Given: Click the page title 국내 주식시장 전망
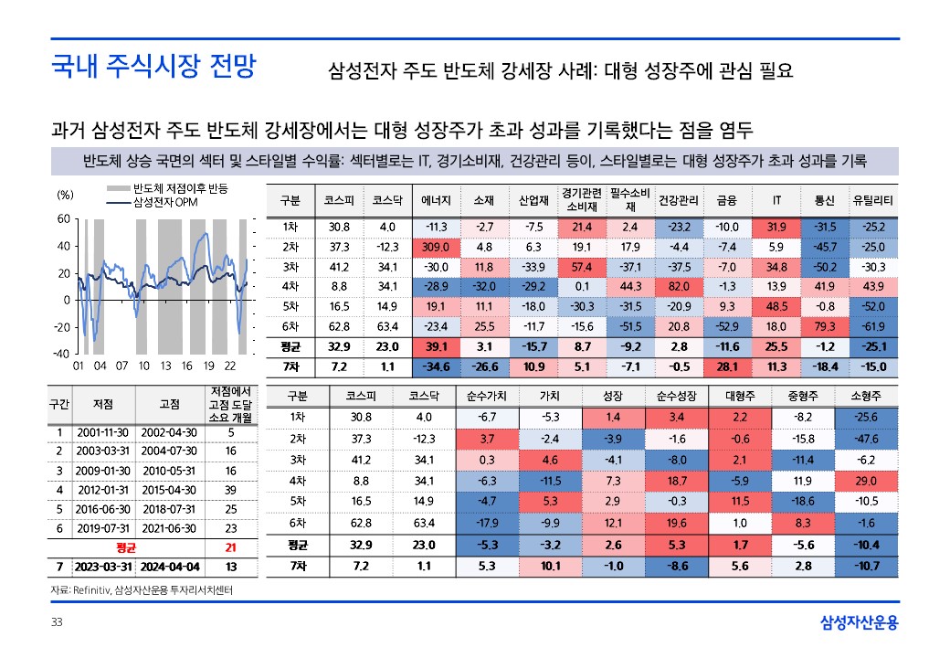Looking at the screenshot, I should point(153,67).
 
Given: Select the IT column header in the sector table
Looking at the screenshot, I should point(776,200).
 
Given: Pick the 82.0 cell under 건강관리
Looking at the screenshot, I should point(679,286).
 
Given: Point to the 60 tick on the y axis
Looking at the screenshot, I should point(63,219).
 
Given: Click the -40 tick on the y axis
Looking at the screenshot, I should point(60,354).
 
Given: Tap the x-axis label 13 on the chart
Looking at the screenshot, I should point(164,366).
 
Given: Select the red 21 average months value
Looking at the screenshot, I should point(230,548).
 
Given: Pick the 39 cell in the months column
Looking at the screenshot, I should point(230,490).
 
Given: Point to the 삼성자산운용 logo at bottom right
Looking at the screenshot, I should point(860,623).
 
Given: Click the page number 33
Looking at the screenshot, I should point(56,623).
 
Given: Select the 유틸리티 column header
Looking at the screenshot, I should point(873,200).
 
